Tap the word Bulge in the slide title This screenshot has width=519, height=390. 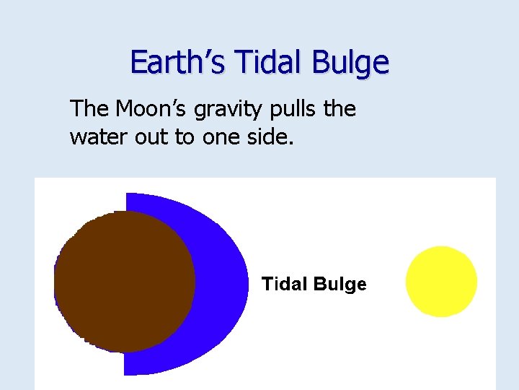pos(351,63)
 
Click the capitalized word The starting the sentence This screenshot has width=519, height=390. pos(89,109)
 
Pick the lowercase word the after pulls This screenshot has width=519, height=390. pos(340,109)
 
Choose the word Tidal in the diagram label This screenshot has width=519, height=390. pos(284,284)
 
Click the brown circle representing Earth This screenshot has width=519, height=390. pos(124,282)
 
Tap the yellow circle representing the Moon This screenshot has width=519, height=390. pos(441,282)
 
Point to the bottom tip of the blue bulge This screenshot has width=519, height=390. pos(128,372)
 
